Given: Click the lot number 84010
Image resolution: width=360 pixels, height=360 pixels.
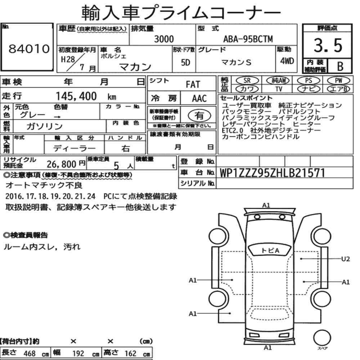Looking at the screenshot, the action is coord(29,49).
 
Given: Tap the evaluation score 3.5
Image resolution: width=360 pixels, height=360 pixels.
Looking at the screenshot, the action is coord(328,45).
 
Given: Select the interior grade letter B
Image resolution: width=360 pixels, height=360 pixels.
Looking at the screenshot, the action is coord(340,66).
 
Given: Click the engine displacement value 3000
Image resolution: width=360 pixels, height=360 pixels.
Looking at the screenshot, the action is coord(164,39).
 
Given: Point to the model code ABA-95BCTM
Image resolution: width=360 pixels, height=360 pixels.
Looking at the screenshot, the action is coord(248,39).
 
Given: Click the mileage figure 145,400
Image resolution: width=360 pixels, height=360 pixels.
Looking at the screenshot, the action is coord(76,96).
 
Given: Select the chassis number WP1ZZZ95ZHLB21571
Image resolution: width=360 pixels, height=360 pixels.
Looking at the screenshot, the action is coord(272,173).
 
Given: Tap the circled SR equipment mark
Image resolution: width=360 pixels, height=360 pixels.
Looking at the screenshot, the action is coord(247,81).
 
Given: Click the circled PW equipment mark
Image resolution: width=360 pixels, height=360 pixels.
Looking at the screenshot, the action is coord(338,80).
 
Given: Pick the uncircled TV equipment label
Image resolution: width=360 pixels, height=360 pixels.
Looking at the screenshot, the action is coord(279,89).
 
